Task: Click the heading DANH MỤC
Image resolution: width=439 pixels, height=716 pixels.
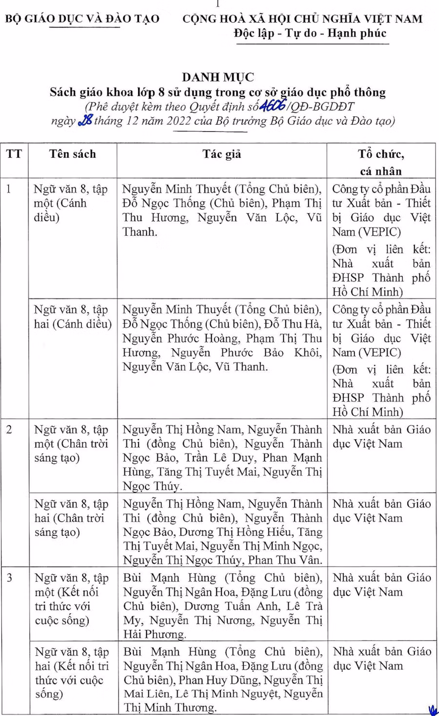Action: (x=218, y=77)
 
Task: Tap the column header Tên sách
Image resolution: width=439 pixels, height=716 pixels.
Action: (x=73, y=154)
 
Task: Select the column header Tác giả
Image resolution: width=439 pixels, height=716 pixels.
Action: (x=222, y=154)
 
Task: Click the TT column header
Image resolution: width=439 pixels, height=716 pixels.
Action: (x=14, y=154)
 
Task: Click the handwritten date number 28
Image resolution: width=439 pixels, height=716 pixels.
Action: (x=85, y=120)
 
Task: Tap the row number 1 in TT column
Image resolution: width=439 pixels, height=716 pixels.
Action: (x=9, y=189)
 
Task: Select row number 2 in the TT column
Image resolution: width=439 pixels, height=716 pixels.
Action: (x=9, y=430)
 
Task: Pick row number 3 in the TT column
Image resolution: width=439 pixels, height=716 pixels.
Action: (x=9, y=578)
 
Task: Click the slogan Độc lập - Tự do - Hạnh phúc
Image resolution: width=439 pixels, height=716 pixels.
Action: (x=310, y=33)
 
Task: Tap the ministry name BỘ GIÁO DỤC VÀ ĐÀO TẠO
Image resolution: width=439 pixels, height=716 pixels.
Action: (x=82, y=19)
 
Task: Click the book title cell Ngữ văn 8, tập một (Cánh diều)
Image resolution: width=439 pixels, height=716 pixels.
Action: (x=71, y=203)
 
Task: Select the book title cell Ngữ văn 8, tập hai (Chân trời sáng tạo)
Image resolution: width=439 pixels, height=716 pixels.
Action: (x=71, y=518)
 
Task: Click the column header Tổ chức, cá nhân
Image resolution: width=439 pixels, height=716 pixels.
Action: (x=380, y=162)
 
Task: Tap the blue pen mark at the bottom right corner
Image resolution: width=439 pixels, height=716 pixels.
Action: (x=433, y=710)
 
